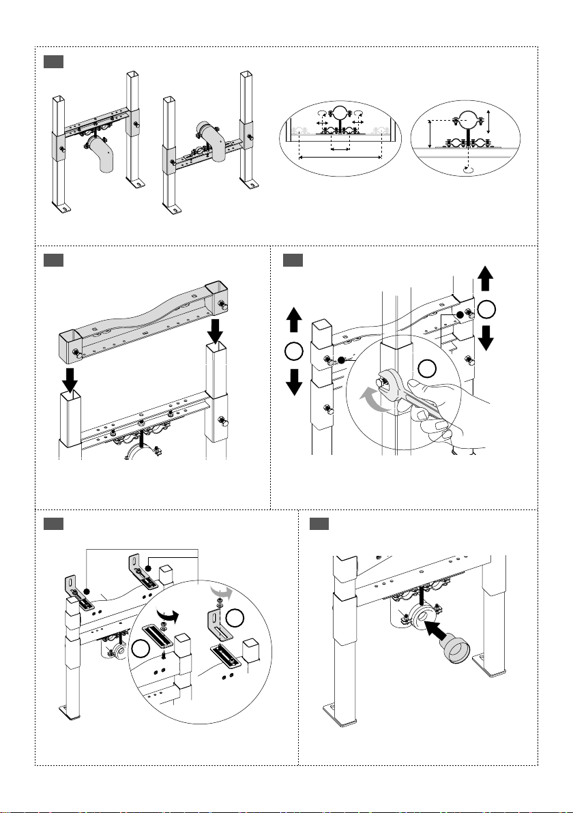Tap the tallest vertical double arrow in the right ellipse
428,134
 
